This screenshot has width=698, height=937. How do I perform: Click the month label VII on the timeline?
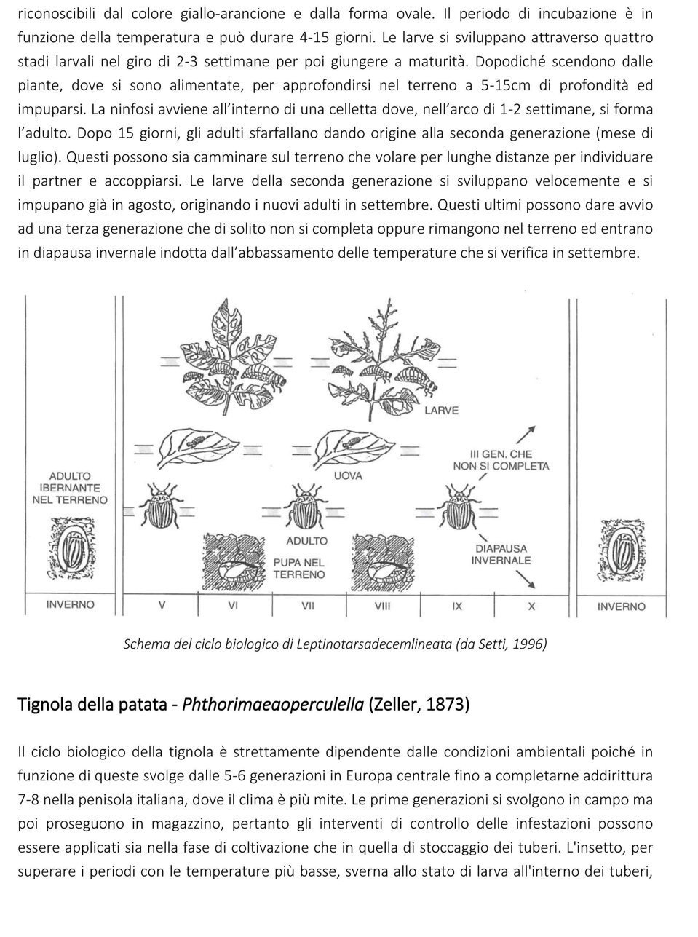click(307, 606)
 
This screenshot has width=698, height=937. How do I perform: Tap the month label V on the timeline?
click(162, 606)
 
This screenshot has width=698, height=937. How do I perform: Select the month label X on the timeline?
click(531, 606)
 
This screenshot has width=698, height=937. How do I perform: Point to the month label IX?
click(457, 606)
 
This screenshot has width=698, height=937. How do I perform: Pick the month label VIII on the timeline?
click(382, 606)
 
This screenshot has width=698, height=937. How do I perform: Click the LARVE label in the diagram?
click(441, 410)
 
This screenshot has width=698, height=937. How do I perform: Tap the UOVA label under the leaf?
click(348, 475)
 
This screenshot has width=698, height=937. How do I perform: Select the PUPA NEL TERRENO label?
click(299, 568)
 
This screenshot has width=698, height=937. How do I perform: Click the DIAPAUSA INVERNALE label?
click(501, 555)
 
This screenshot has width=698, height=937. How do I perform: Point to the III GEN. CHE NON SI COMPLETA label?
click(501, 460)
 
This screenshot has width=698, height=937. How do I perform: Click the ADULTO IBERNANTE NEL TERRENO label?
click(70, 488)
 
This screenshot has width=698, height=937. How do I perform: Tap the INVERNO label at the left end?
click(70, 604)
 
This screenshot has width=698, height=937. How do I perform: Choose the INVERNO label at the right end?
click(621, 606)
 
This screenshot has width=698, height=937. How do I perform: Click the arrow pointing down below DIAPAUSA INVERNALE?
click(526, 580)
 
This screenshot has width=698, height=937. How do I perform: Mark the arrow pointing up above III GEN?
click(526, 435)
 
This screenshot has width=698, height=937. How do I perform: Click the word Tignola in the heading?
click(42, 705)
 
